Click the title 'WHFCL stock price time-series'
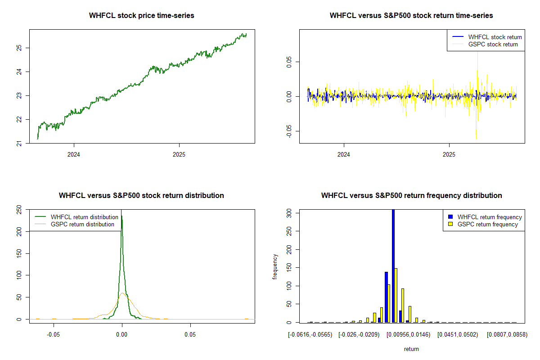pos(142,16)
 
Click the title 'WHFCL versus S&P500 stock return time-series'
pos(411,16)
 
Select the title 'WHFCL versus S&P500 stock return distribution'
pos(141,196)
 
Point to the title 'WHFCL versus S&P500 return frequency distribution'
pos(411,196)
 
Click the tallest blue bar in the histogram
pos(393,265)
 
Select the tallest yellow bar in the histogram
pos(396,295)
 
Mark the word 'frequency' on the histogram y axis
pos(275,267)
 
